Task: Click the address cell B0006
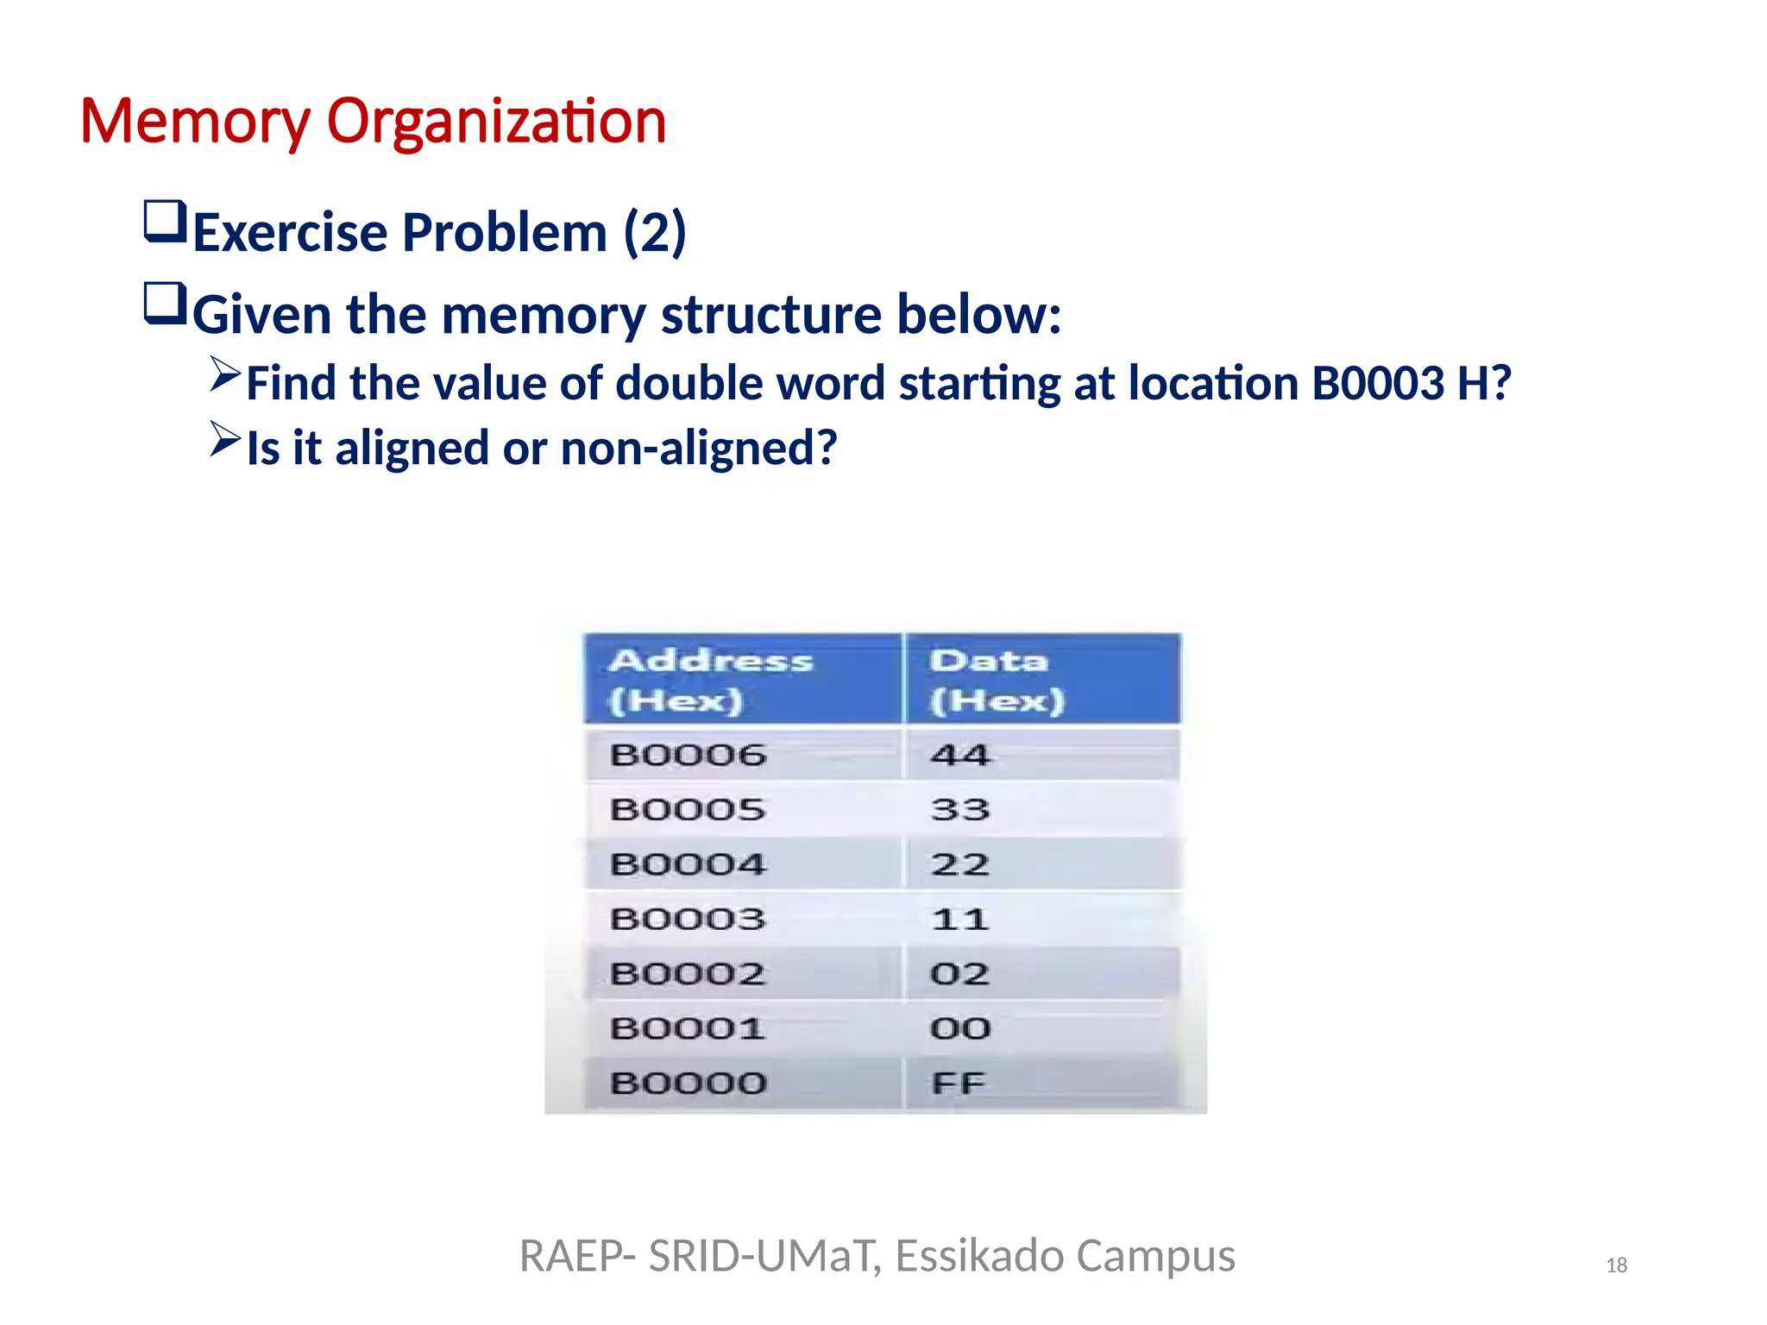(688, 755)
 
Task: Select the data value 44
(959, 755)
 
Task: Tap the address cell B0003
(688, 919)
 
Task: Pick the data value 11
(959, 919)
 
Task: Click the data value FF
(958, 1083)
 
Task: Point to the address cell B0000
(688, 1083)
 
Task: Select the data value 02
(959, 974)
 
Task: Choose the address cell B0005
(688, 809)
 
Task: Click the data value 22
(959, 864)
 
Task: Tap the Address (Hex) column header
(711, 680)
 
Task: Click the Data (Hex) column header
(997, 680)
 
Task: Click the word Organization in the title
(496, 122)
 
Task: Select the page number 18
(1616, 1265)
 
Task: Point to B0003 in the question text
(1378, 384)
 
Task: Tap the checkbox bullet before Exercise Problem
(165, 222)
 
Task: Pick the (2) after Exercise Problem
(655, 233)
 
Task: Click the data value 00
(959, 1028)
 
